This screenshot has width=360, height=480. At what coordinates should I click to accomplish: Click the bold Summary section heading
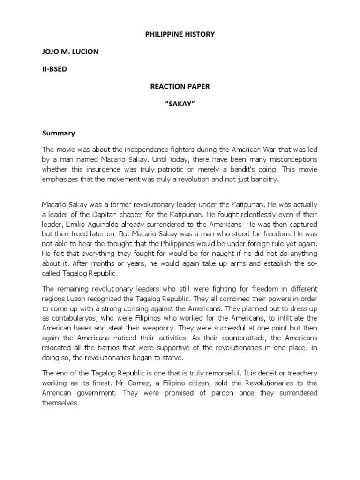click(x=59, y=133)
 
